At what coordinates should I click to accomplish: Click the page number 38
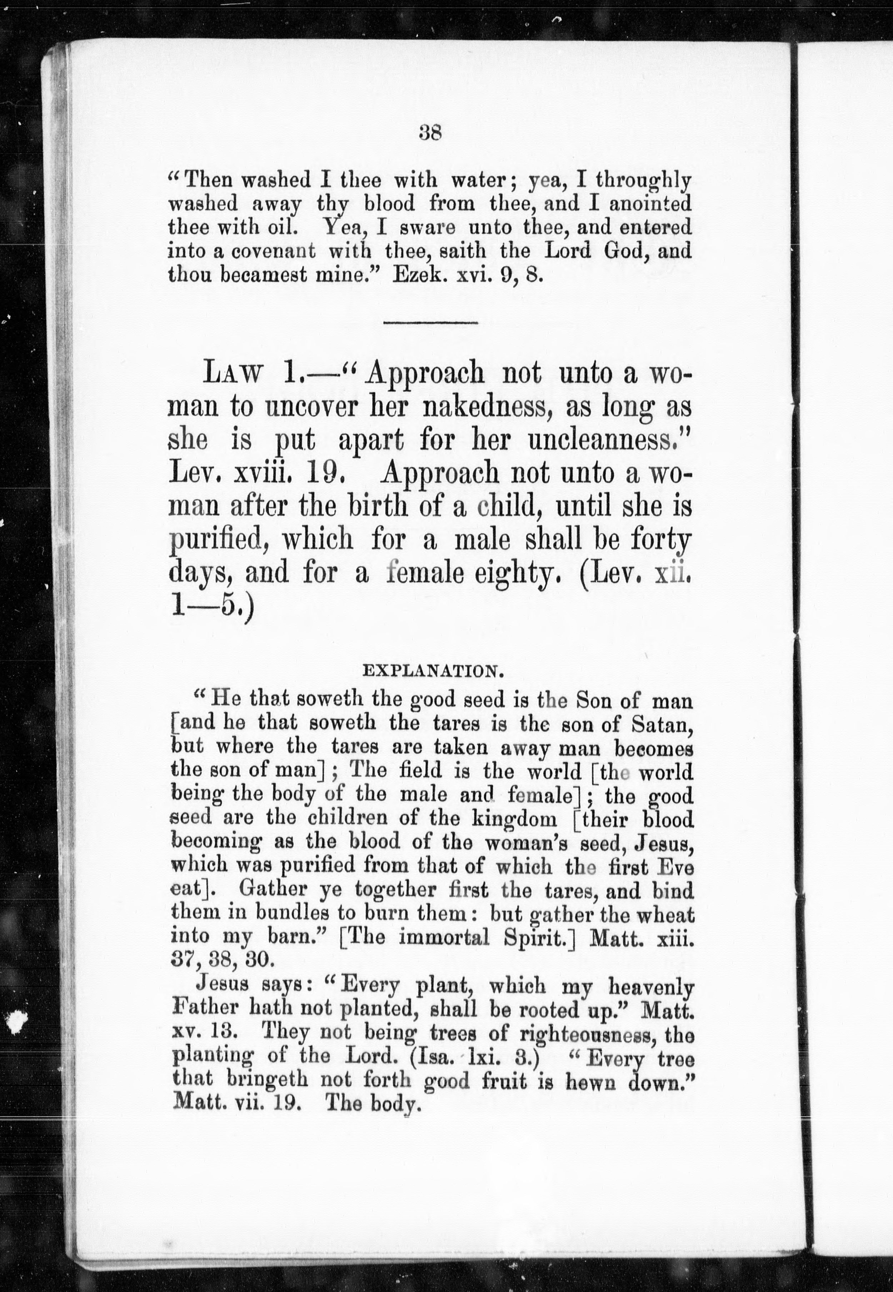click(x=430, y=134)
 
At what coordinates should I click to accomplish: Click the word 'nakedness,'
click(x=488, y=407)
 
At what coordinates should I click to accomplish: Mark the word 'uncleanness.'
click(x=610, y=440)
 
